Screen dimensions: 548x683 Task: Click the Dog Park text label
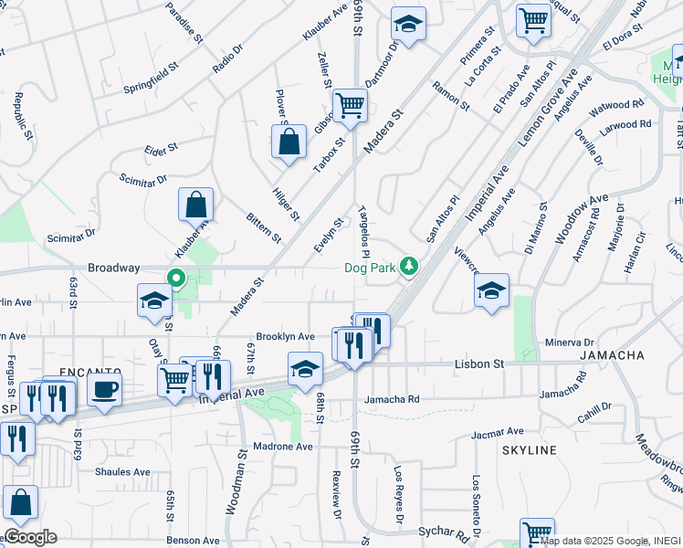(x=372, y=268)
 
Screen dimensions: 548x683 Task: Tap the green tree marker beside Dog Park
(x=411, y=267)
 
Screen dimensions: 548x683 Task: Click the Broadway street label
(x=113, y=268)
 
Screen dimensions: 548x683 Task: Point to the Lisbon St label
(x=479, y=364)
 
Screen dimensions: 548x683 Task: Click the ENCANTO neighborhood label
(x=90, y=372)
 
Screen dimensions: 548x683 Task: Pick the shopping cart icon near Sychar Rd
(x=537, y=532)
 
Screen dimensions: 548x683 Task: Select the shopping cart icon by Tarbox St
(x=350, y=105)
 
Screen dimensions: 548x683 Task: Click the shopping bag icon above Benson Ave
(x=20, y=501)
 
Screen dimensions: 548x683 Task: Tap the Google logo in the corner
(x=29, y=537)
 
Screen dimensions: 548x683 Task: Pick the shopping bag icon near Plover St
(x=289, y=142)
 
